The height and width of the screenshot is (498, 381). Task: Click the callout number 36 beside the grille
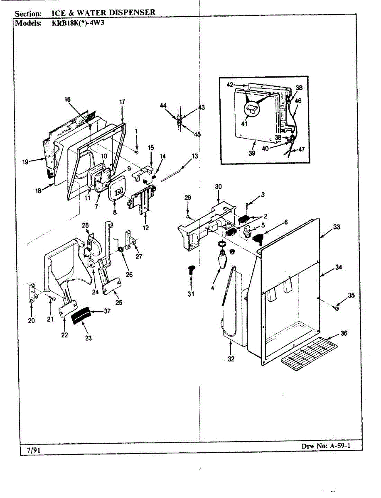(x=343, y=333)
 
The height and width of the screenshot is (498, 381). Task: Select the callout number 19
(x=26, y=162)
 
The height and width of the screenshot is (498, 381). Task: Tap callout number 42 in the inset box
(x=230, y=85)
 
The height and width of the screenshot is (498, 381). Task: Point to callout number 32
(x=231, y=359)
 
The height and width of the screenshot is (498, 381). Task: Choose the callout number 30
(x=219, y=186)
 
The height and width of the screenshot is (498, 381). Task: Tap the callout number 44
(x=163, y=106)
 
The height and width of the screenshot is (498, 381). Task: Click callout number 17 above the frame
(x=122, y=102)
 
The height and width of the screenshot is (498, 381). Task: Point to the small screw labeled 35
(x=337, y=308)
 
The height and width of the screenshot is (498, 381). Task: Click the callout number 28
(x=86, y=225)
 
